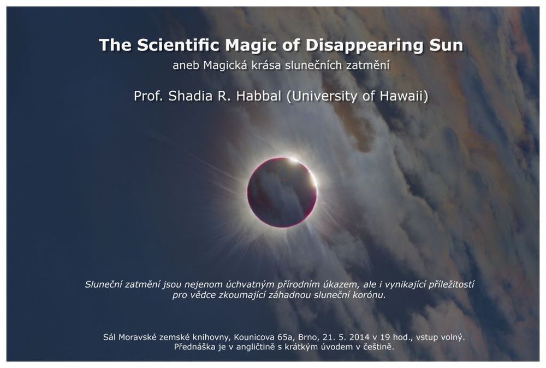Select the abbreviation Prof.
(149, 96)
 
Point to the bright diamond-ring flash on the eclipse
(294, 160)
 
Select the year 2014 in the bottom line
(359, 337)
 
